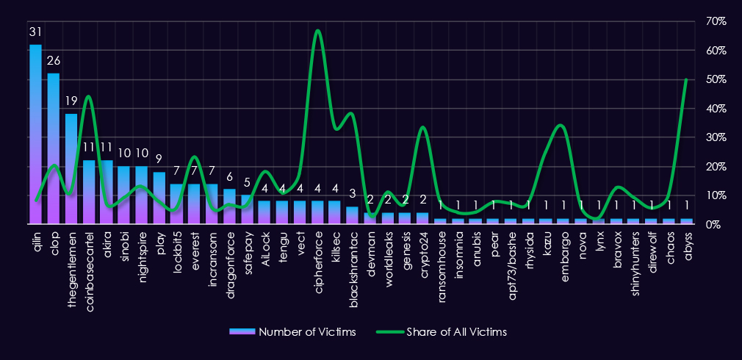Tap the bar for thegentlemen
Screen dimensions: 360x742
coord(71,168)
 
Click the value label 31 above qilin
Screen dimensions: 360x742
coord(35,33)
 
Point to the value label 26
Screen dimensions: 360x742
coord(53,60)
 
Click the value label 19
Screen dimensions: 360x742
coord(71,101)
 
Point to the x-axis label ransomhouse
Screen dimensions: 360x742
coord(443,256)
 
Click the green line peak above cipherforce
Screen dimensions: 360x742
coord(317,31)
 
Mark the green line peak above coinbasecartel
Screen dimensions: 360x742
coord(88,96)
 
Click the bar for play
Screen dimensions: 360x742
coord(159,198)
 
